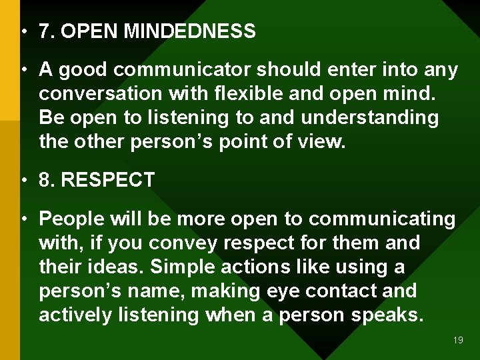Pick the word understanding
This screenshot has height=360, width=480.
pyautogui.click(x=370, y=117)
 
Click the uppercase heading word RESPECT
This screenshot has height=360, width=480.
pyautogui.click(x=107, y=180)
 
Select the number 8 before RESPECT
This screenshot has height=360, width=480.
pyautogui.click(x=45, y=180)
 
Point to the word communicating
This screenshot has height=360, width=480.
pyautogui.click(x=382, y=219)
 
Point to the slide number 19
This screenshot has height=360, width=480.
pyautogui.click(x=458, y=340)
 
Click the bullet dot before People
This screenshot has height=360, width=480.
pyautogui.click(x=23, y=219)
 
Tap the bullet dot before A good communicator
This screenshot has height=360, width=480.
pyautogui.click(x=23, y=69)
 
